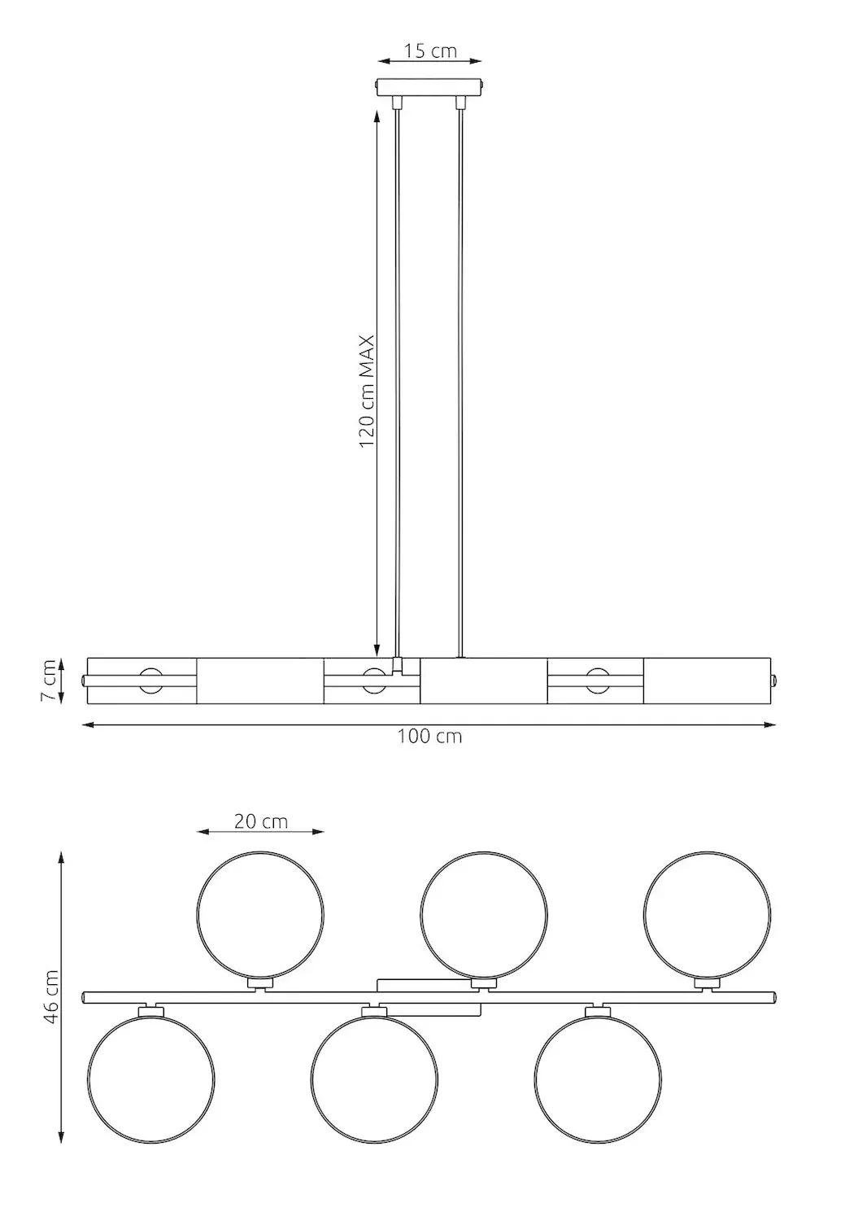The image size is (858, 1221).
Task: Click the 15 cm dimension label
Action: pos(430,50)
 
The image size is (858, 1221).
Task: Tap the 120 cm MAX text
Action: pos(367,391)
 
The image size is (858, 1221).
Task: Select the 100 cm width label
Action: pos(429,737)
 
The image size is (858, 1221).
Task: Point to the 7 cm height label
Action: pos(50,680)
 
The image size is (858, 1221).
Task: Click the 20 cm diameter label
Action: pos(261,821)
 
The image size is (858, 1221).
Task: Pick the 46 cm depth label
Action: pos(50,997)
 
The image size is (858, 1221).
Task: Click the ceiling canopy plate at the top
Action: pos(430,86)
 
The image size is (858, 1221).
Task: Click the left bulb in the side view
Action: pos(150,680)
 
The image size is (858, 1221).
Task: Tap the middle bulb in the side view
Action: pos(373,680)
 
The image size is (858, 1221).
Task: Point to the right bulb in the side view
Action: pos(597,680)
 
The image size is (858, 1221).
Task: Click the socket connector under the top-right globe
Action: pos(707,984)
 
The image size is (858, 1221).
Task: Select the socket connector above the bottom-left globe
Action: pos(151,1010)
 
